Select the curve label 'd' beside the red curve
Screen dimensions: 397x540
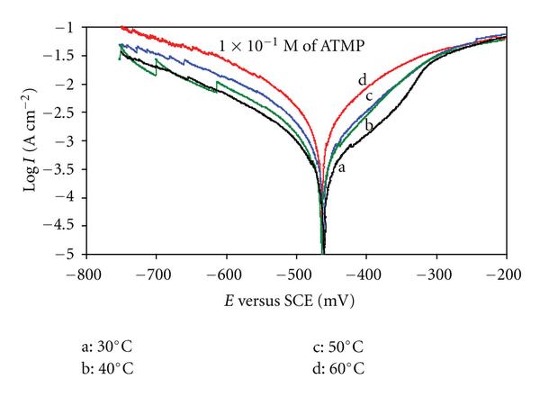[x=361, y=79]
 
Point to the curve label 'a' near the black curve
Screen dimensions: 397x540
[x=341, y=167]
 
